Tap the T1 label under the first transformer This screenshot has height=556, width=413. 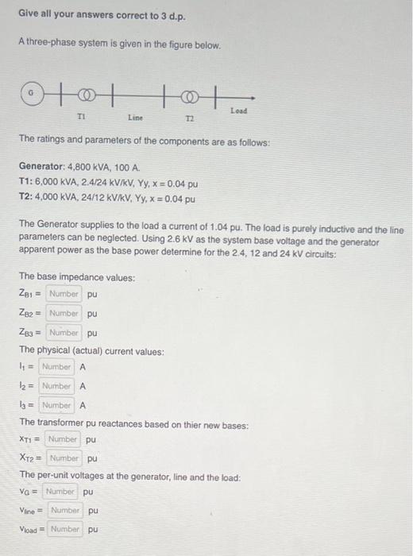click(80, 114)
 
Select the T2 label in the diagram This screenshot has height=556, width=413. click(189, 118)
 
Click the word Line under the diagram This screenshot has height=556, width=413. click(135, 118)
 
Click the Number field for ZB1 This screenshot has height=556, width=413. click(64, 294)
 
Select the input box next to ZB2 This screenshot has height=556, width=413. click(64, 313)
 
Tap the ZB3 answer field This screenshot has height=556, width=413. click(64, 332)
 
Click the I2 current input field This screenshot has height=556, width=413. click(56, 386)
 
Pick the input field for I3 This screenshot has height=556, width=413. click(56, 405)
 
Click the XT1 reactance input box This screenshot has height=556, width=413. click(62, 439)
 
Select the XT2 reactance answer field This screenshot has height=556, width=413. click(64, 458)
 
